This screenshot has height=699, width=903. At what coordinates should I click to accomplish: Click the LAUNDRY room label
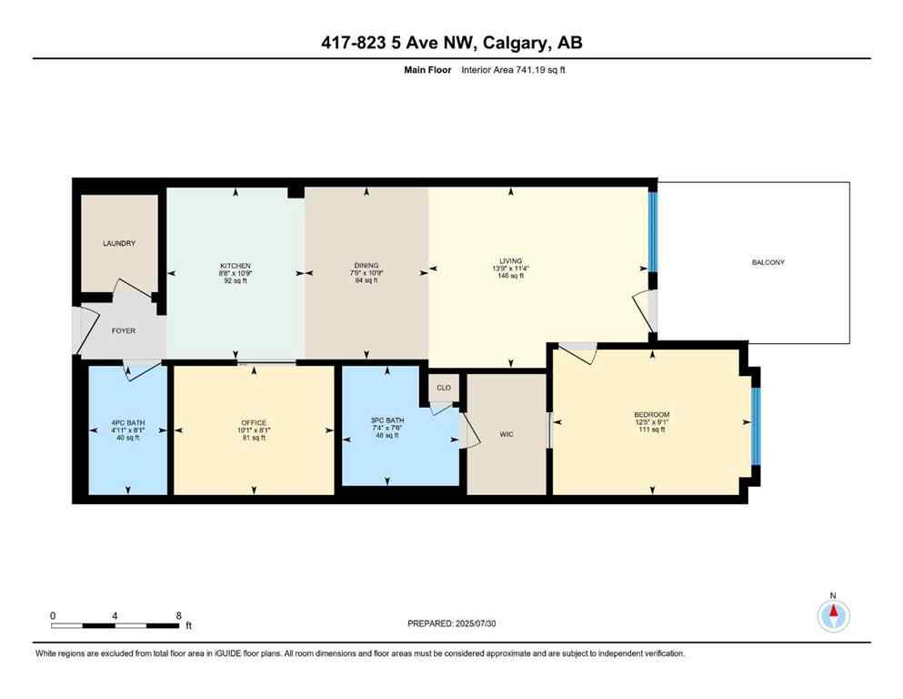[x=119, y=243]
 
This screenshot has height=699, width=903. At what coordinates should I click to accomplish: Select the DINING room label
[x=366, y=265]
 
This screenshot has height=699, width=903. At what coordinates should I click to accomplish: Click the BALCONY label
[x=768, y=262]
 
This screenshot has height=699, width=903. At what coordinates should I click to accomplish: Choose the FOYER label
[x=123, y=330]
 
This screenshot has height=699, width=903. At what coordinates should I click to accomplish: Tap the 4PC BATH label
[x=127, y=422]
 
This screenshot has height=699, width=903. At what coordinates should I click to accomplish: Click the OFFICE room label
[x=254, y=422]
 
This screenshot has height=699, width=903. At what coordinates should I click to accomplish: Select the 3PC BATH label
[x=386, y=420]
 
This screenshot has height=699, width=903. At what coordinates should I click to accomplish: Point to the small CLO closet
[x=444, y=388]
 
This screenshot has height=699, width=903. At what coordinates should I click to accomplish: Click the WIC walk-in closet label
[x=507, y=434]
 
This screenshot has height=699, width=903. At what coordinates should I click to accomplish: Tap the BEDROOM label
[x=652, y=414]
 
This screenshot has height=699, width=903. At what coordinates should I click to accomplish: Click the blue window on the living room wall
[x=652, y=230]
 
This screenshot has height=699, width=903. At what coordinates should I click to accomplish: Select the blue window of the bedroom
[x=755, y=426]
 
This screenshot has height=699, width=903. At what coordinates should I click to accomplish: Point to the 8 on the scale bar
[x=178, y=615]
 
